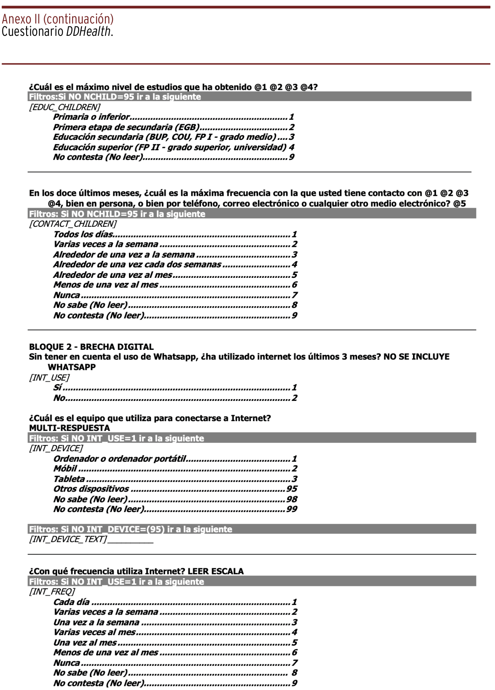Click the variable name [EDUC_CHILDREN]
point(65,107)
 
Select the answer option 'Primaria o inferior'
point(91,117)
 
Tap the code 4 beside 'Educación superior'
point(291,147)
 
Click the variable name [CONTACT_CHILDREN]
point(73,224)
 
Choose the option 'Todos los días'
point(83,234)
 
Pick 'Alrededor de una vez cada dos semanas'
point(137,264)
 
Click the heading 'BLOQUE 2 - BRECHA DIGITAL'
point(91,347)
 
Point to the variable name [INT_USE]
point(49,377)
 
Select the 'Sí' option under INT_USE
point(57,388)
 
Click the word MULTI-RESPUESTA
point(70,428)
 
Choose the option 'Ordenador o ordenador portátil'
point(120,459)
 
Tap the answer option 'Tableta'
point(69,479)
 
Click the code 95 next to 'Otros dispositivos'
point(292,489)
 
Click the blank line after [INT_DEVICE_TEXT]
point(130,540)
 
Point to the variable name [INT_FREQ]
point(52,592)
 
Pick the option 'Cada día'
point(72,602)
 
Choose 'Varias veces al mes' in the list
point(94,632)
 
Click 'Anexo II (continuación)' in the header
point(58,19)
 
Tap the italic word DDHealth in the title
point(88,31)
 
